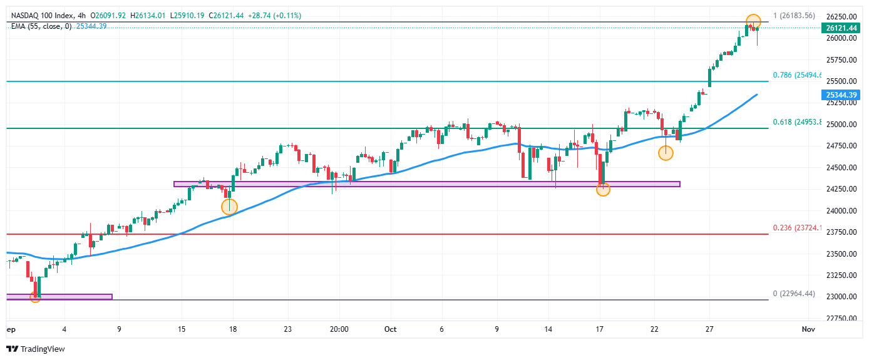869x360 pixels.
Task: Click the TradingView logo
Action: click(36, 349)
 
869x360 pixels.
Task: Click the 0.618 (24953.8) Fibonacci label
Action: click(796, 123)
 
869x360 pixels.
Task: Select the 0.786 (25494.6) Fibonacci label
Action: click(796, 75)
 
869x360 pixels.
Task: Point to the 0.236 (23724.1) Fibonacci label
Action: click(796, 228)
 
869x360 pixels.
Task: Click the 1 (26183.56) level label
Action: click(793, 16)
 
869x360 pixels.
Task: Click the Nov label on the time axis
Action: click(808, 329)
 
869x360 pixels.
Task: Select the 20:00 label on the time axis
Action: click(339, 329)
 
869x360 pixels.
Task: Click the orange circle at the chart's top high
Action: click(753, 21)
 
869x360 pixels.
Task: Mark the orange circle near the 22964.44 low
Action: click(36, 297)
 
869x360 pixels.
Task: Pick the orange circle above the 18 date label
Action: click(230, 207)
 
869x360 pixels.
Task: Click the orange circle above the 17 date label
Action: click(603, 188)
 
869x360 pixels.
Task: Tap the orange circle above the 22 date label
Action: click(666, 153)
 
